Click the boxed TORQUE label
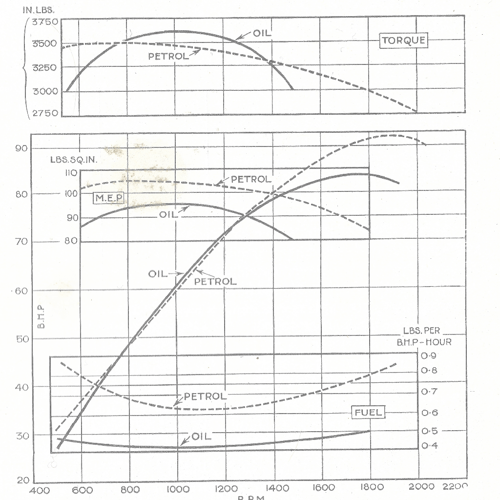click(403, 41)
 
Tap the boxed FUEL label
click(369, 413)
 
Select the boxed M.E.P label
click(109, 198)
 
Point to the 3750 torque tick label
click(45, 22)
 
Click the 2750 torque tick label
click(45, 113)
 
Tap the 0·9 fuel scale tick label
click(430, 355)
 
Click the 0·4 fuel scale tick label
click(430, 446)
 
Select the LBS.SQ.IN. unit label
click(74, 160)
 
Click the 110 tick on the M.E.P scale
click(71, 173)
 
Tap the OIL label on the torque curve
click(262, 33)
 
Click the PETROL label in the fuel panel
click(205, 396)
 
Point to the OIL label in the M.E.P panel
click(167, 214)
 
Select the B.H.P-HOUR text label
click(424, 342)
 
